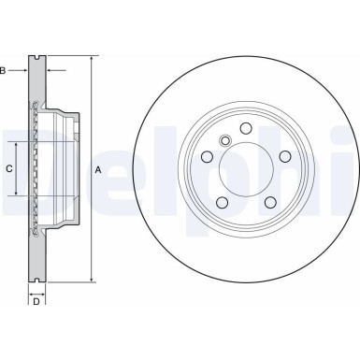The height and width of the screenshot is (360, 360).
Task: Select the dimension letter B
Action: coord(4,69)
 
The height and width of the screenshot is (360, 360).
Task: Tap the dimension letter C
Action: coord(9,169)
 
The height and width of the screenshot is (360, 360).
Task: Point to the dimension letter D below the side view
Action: coord(36,300)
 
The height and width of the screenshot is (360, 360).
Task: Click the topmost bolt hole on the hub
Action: coord(245,129)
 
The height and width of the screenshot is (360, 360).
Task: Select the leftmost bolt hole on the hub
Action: coord(207,157)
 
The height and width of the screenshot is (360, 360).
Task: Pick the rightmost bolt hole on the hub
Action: coord(283,157)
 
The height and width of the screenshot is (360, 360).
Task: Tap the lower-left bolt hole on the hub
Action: coord(222,202)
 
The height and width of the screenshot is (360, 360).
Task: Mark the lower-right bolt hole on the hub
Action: coord(269,202)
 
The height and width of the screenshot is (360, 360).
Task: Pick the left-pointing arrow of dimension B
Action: coord(50,69)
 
